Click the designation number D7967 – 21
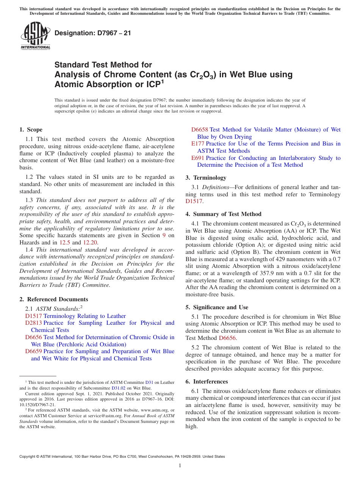pyautogui.click(x=93, y=33)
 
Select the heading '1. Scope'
pyautogui.click(x=31, y=130)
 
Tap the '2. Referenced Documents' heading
pyautogui.click(x=53, y=299)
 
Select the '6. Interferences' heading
pyautogui.click(x=207, y=382)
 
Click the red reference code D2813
pyautogui.click(x=33, y=323)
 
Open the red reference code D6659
pyautogui.click(x=33, y=352)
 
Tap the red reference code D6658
pyautogui.click(x=200, y=130)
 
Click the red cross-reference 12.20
pyautogui.click(x=90, y=243)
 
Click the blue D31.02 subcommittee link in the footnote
pyautogui.click(x=117, y=388)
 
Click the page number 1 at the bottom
pyautogui.click(x=180, y=466)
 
